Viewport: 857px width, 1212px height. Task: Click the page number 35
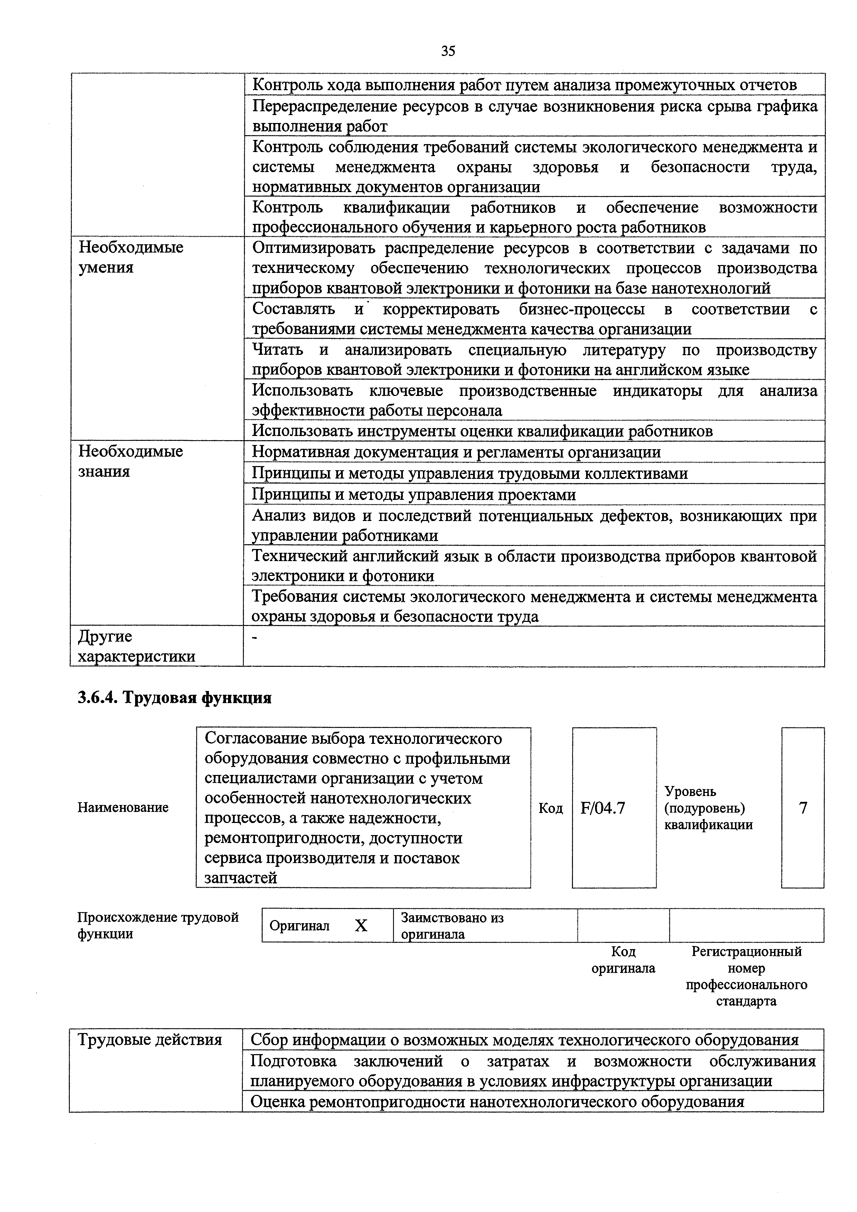[448, 51]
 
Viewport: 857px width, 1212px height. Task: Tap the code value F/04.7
[602, 808]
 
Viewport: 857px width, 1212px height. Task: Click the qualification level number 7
[803, 808]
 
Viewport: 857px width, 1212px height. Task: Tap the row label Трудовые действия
[150, 1040]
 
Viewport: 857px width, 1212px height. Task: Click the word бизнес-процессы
[581, 309]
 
